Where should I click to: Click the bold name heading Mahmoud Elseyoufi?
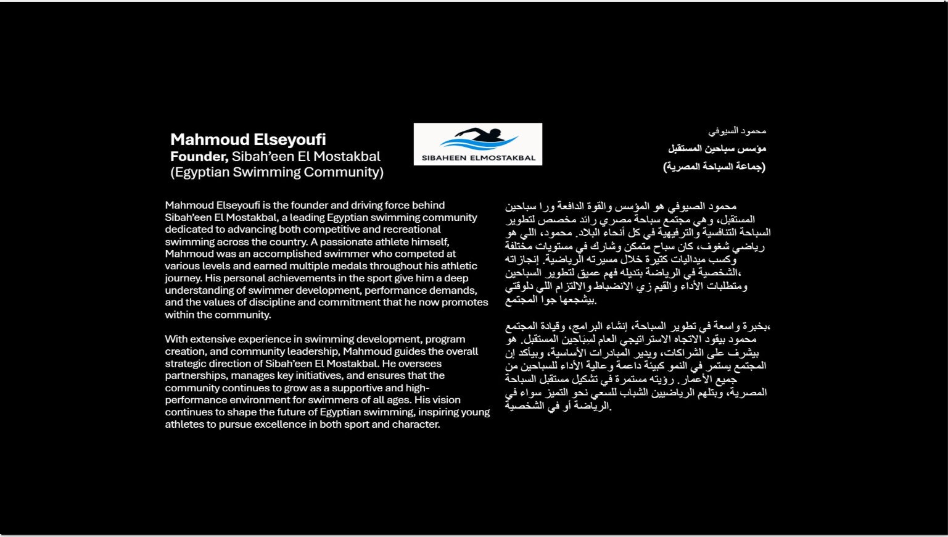pyautogui.click(x=248, y=139)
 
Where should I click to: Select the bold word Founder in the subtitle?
pyautogui.click(x=199, y=156)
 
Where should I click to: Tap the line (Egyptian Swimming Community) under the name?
pyautogui.click(x=277, y=172)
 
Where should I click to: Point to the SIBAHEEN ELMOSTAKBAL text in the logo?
pyautogui.click(x=478, y=158)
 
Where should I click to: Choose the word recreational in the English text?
pyautogui.click(x=412, y=230)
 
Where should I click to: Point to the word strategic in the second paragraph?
pyautogui.click(x=186, y=364)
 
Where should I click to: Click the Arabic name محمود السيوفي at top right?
pyautogui.click(x=737, y=131)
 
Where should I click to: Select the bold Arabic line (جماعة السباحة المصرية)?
pyautogui.click(x=714, y=167)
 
